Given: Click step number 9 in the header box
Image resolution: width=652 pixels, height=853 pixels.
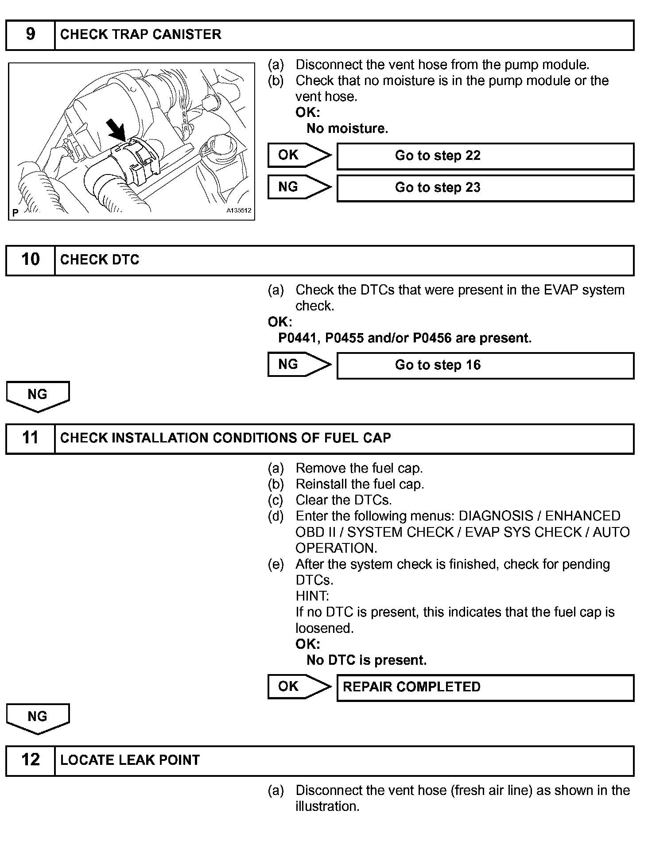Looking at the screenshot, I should pos(30,35).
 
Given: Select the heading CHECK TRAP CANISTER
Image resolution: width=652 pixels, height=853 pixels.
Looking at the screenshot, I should pos(140,35).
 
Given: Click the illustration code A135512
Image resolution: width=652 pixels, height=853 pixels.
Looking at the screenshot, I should pos(239,211).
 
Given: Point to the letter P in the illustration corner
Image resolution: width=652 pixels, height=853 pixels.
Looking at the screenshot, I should pos(16,213).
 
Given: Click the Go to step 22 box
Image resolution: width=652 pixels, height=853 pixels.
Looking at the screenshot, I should pos(485,156).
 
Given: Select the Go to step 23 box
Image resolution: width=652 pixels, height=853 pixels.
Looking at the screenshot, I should pos(485,188).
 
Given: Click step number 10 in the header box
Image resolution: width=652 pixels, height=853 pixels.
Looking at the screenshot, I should pos(30,260).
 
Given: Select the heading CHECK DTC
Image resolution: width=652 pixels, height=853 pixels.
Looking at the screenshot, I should pos(100,260).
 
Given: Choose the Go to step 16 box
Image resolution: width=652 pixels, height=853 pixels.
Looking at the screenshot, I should pos(485,365).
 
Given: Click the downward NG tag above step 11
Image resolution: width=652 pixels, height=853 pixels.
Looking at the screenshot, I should pos(38,395).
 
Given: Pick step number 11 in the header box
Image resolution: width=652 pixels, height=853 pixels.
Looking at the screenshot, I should pos(30,438).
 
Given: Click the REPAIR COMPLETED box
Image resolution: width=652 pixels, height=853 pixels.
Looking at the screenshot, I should pos(485,687).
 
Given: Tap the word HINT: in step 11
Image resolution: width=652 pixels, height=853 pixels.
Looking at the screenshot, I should pos(312,596).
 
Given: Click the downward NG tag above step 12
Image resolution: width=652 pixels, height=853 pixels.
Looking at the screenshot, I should pos(38,717).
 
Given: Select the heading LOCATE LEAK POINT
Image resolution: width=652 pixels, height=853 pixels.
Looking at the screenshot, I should pos(130,760).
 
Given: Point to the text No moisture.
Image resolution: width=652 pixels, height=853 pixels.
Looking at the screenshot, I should pos(347,129).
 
